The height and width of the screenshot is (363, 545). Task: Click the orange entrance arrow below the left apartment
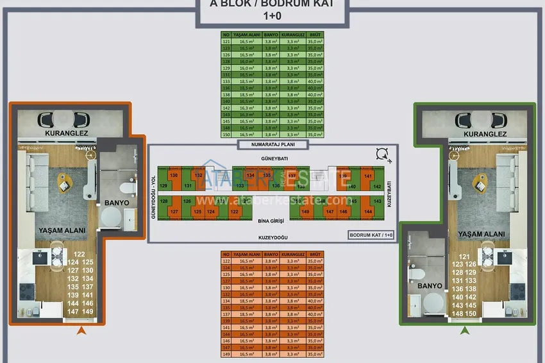tap(81, 331)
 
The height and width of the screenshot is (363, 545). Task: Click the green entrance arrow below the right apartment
tap(464, 331)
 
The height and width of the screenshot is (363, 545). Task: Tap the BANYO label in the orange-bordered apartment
tap(117, 203)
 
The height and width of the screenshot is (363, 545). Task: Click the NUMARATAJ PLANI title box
tap(273, 145)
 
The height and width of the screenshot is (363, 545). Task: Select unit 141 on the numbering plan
tap(368, 176)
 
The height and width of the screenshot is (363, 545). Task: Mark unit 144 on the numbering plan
tap(368, 211)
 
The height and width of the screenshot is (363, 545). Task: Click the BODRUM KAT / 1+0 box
tap(371, 235)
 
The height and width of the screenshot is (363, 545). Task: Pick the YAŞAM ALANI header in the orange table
tap(246, 254)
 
